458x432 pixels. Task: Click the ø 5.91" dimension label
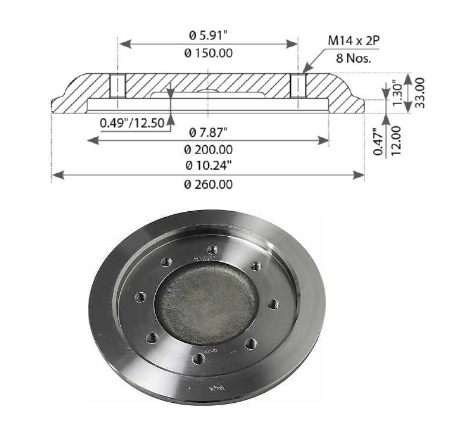pos(208,35)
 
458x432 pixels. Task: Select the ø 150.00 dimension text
pos(208,53)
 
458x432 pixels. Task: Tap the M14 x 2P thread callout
pos(354,40)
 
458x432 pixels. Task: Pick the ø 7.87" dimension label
pos(208,132)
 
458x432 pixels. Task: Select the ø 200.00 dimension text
pos(208,150)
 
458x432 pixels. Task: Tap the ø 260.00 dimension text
pos(208,184)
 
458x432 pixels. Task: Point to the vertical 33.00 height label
pos(420,93)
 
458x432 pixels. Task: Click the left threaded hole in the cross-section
pos(117,86)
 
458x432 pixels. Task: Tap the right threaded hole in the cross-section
pos(297,86)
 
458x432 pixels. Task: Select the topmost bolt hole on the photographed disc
pos(212,249)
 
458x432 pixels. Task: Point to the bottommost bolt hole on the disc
pos(198,358)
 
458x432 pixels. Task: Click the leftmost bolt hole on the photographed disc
pos(141,296)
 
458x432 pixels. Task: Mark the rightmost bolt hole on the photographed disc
pos(273,304)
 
